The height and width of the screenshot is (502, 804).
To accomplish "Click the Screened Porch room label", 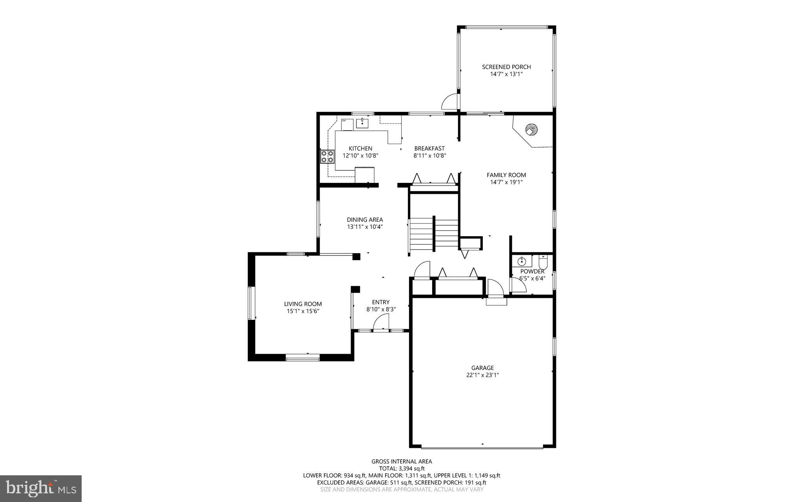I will pyautogui.click(x=506, y=67).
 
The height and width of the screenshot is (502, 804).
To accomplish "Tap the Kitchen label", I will pyautogui.click(x=360, y=148).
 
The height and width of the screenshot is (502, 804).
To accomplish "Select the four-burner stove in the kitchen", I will pyautogui.click(x=327, y=157).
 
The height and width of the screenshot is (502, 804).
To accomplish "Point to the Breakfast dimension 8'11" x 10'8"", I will pyautogui.click(x=429, y=155).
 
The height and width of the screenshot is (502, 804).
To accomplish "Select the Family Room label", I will pyautogui.click(x=506, y=175).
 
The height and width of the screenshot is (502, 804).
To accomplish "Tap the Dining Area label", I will pyautogui.click(x=365, y=220).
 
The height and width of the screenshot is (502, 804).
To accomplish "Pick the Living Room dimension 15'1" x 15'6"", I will pyautogui.click(x=303, y=311).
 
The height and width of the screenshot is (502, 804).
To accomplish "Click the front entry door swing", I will pyautogui.click(x=381, y=324).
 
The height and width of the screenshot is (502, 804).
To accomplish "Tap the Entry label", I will pyautogui.click(x=381, y=302).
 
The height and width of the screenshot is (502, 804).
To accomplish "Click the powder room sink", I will pyautogui.click(x=522, y=261).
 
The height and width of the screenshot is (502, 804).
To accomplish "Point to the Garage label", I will pyautogui.click(x=482, y=368).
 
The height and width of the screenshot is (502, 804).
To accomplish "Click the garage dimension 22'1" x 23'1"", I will pyautogui.click(x=482, y=375).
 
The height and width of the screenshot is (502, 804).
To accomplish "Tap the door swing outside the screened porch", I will pyautogui.click(x=450, y=101).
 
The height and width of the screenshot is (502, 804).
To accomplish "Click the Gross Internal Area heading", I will pyautogui.click(x=402, y=462).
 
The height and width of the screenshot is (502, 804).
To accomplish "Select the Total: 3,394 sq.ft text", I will pyautogui.click(x=402, y=468).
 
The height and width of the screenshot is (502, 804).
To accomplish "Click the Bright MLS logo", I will pyautogui.click(x=41, y=488).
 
